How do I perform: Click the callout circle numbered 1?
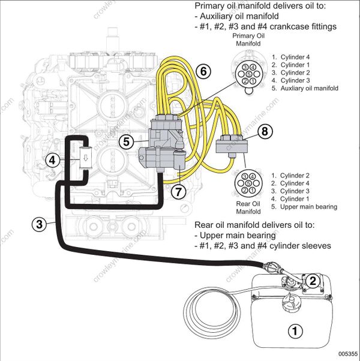(293, 330)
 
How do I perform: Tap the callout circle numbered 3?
(39, 224)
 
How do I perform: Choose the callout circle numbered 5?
(125, 142)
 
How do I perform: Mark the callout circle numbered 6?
(204, 71)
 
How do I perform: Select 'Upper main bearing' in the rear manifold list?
(308, 207)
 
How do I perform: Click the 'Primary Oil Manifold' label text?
(247, 39)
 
